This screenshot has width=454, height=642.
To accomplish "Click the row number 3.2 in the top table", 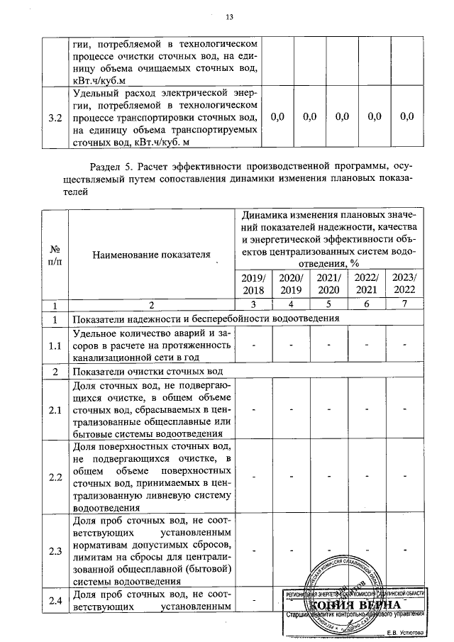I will (x=54, y=117).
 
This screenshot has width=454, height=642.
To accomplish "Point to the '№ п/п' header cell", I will (x=54, y=255).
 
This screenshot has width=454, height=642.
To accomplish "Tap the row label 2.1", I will (x=54, y=410).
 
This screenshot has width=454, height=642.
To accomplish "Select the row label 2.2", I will (x=54, y=477).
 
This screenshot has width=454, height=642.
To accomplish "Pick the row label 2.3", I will (x=54, y=550).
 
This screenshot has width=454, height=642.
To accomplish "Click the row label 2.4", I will (x=54, y=602).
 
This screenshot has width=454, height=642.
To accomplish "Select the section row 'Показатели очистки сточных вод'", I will (x=148, y=371).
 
